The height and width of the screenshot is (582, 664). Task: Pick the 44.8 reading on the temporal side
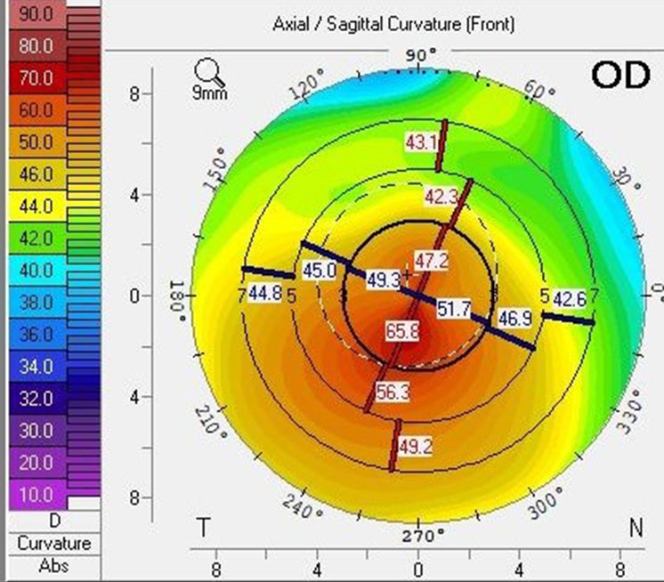coord(265,293)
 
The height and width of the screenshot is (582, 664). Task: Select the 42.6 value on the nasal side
coord(571,298)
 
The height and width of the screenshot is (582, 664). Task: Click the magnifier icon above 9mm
coord(208,70)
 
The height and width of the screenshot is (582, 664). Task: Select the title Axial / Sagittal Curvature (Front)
coord(393,24)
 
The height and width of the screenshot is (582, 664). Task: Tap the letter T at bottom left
coord(204,529)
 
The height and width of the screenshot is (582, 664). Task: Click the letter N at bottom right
coord(635,529)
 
